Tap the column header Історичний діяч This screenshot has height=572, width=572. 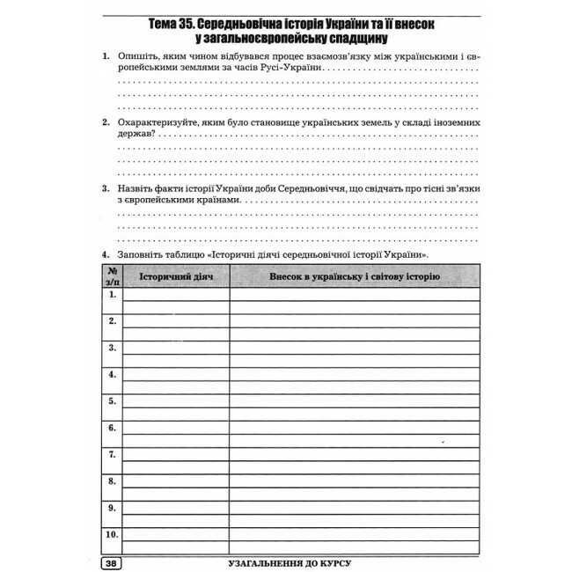(175, 277)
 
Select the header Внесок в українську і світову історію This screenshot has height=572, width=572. (354, 277)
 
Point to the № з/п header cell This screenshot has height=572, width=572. (112, 276)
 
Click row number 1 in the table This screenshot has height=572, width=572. (112, 295)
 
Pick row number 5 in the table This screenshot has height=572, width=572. (112, 401)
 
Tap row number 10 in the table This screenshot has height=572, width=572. (112, 534)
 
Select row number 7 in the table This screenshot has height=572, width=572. (112, 455)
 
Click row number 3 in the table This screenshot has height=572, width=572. (112, 348)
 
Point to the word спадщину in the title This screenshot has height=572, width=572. (351, 40)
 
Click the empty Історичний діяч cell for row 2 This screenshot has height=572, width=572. (175, 322)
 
